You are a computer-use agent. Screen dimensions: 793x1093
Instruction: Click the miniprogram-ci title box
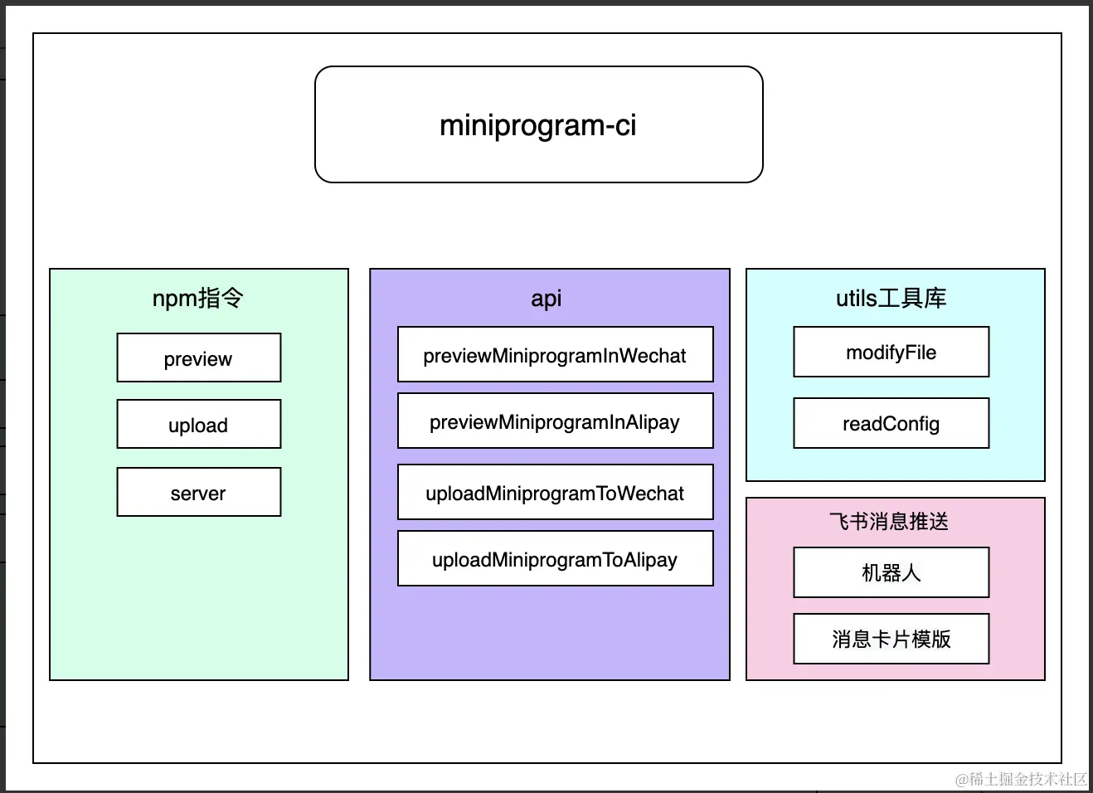click(538, 124)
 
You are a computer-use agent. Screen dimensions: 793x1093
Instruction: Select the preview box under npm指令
click(198, 358)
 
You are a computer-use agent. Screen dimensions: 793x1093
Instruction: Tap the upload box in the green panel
click(198, 424)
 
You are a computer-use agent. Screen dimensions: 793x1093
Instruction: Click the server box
click(198, 492)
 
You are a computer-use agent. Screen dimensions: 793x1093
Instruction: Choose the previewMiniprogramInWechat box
click(555, 354)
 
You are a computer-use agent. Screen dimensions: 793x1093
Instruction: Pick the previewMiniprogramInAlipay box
click(555, 421)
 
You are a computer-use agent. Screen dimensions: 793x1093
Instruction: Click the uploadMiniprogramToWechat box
click(555, 492)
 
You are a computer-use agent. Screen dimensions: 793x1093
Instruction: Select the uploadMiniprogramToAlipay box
click(555, 558)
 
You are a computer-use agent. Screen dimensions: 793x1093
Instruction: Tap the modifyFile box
click(891, 352)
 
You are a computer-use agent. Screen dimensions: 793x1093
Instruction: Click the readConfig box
click(891, 423)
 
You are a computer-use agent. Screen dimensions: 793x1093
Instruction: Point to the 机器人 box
click(891, 572)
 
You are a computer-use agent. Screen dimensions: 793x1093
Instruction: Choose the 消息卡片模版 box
click(891, 639)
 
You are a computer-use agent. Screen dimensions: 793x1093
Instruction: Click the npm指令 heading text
click(197, 298)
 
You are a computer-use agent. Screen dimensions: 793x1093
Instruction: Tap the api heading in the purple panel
click(546, 299)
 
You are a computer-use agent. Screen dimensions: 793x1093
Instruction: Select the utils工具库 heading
click(891, 298)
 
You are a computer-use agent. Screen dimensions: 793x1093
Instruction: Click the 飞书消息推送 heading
click(888, 521)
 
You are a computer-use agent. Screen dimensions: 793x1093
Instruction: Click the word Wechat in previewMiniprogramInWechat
click(652, 356)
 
